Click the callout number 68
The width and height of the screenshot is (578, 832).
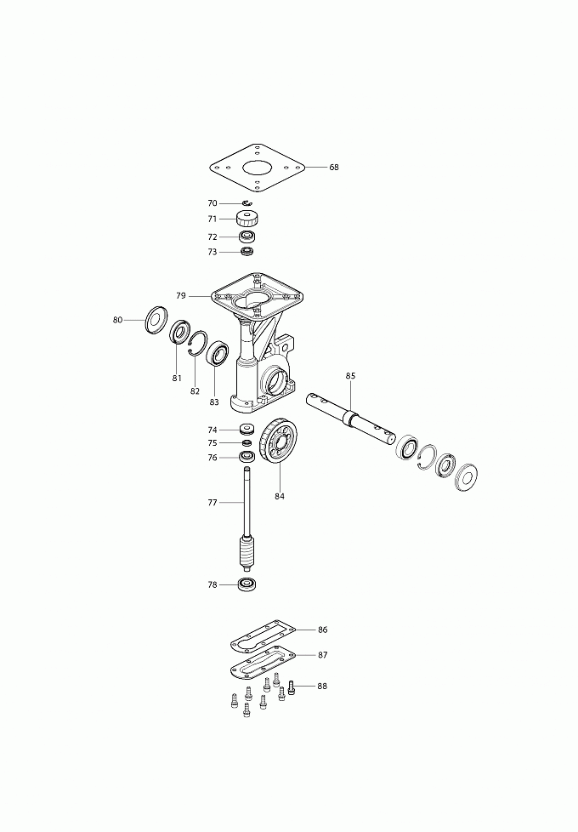point(333,167)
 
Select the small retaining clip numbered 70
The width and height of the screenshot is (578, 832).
point(247,202)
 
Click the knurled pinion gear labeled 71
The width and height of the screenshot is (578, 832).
point(247,218)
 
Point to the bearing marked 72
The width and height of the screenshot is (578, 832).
point(247,236)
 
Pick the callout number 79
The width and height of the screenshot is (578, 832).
point(181,295)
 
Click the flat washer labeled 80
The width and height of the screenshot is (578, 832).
point(156,320)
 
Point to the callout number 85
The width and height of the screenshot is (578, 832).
point(350,376)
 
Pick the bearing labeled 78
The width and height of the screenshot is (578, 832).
point(247,584)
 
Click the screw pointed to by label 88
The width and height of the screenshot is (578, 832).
point(291,688)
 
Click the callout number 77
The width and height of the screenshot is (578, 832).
point(212,503)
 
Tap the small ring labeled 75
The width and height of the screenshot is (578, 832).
point(247,442)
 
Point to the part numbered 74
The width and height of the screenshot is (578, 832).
point(247,428)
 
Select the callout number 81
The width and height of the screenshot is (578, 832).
point(177,379)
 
